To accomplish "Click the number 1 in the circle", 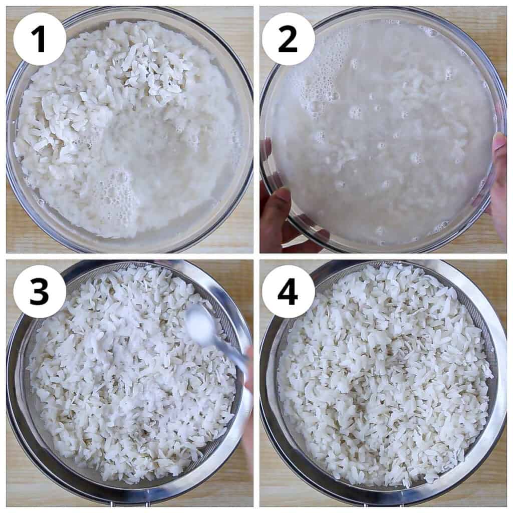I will pyautogui.click(x=39, y=39).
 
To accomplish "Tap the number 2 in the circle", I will pyautogui.click(x=288, y=39).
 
